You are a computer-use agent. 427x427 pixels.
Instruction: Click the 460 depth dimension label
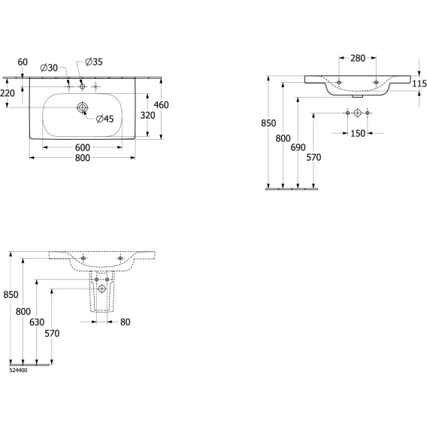pyautogui.click(x=161, y=104)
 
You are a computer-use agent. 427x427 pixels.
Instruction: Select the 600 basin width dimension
pyautogui.click(x=83, y=147)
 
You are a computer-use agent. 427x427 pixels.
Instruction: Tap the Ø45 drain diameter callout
pyautogui.click(x=104, y=119)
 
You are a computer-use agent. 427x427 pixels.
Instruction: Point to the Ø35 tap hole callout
pyautogui.click(x=94, y=62)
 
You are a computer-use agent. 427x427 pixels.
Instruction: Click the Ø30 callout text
pyautogui.click(x=49, y=68)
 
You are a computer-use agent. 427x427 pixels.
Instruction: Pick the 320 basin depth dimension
pyautogui.click(x=147, y=116)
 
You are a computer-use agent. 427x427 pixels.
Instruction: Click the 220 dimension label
pyautogui.click(x=8, y=93)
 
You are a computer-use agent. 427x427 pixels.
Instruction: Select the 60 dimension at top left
pyautogui.click(x=23, y=62)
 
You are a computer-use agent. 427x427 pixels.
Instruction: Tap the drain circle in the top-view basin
pyautogui.click(x=82, y=108)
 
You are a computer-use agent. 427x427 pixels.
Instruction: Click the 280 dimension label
pyautogui.click(x=358, y=59)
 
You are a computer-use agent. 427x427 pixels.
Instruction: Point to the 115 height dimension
pyautogui.click(x=419, y=83)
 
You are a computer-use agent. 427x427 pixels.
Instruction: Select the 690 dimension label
pyautogui.click(x=298, y=147)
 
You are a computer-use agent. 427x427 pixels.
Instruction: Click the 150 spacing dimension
pyautogui.click(x=358, y=134)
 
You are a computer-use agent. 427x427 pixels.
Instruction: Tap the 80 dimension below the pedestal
pyautogui.click(x=126, y=323)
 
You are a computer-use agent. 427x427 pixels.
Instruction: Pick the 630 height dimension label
pyautogui.click(x=37, y=323)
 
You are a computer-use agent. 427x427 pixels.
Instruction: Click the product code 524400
pyautogui.click(x=18, y=371)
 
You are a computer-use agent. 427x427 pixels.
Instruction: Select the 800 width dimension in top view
pyautogui.click(x=83, y=158)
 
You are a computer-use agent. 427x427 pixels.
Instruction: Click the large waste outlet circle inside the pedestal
pyautogui.click(x=101, y=289)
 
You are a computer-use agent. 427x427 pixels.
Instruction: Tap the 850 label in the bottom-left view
pyautogui.click(x=11, y=295)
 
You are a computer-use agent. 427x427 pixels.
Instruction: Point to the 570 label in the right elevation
pyautogui.click(x=313, y=157)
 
